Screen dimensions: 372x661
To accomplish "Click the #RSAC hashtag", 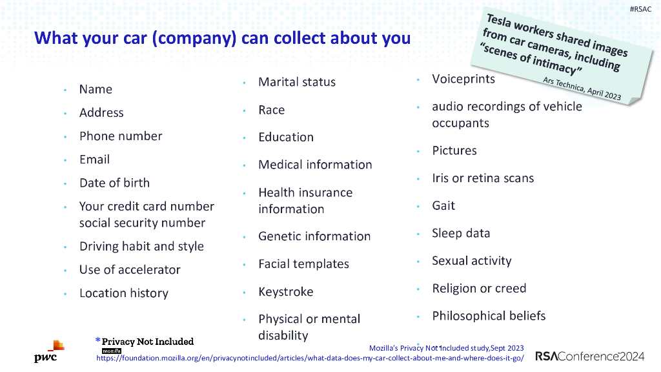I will point(640,9).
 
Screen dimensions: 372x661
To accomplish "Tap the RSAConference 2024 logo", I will point(589,356).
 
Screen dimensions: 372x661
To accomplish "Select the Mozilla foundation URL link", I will point(310,357).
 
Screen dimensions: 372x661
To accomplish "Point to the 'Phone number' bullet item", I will point(121,136).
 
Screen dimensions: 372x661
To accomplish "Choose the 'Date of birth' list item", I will point(114,183).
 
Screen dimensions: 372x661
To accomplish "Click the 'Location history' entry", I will point(123,293).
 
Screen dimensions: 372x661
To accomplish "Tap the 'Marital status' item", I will point(297,82).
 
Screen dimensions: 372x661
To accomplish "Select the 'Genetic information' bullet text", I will point(314,236).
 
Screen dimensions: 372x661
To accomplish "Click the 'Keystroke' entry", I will point(285,292).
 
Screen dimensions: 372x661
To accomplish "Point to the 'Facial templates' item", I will point(303,264).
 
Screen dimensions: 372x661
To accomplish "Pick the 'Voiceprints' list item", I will point(463,79).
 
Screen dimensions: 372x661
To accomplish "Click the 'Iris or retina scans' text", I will point(483,178).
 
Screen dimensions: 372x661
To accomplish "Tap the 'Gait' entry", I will point(443,206).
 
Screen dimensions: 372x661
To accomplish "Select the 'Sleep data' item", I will point(461,233).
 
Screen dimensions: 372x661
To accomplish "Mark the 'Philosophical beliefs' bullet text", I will point(489,316).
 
